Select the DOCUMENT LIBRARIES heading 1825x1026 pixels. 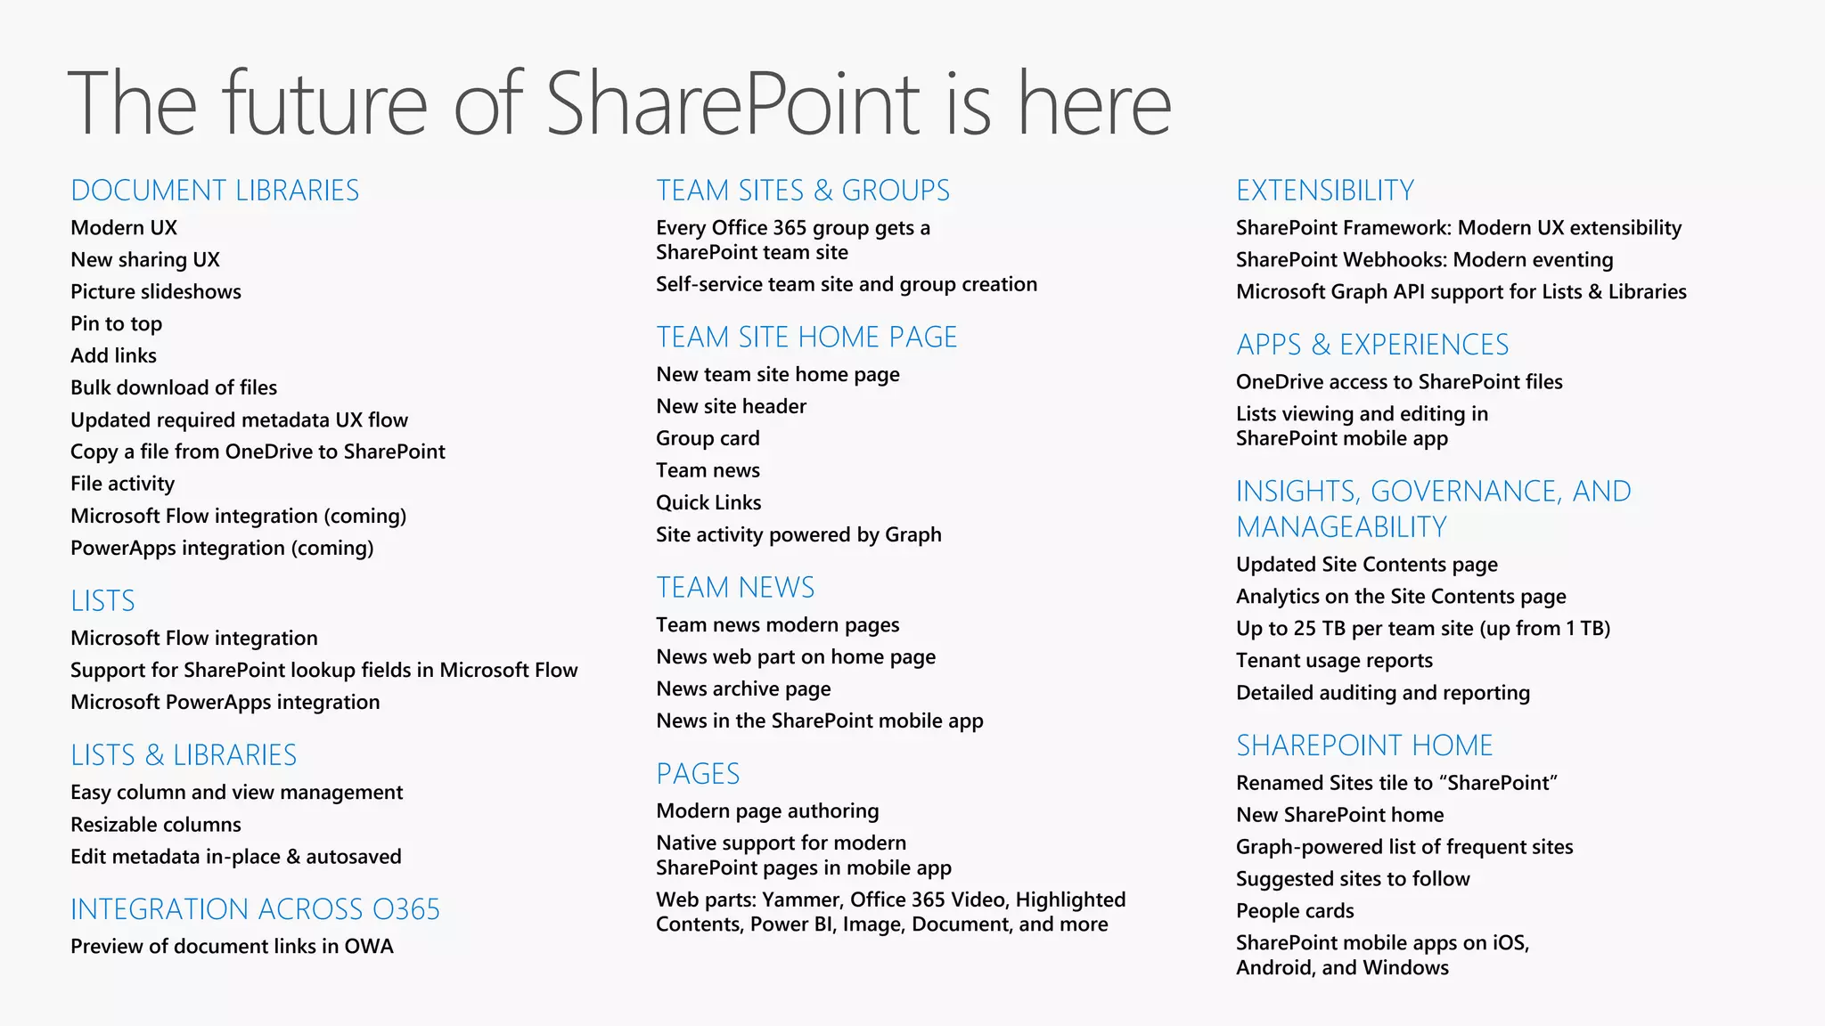click(x=215, y=191)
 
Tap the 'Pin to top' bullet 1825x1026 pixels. click(x=116, y=324)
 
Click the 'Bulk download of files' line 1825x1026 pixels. click(x=174, y=388)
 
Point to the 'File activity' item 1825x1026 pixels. click(x=122, y=484)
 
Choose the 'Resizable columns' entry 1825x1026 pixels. click(x=156, y=825)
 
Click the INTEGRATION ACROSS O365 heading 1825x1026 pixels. click(x=255, y=909)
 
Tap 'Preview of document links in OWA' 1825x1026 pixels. click(x=232, y=947)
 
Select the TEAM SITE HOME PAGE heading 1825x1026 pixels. click(x=806, y=338)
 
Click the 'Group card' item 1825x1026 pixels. click(x=708, y=439)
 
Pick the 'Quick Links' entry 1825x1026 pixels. click(x=708, y=503)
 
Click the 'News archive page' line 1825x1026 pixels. click(x=743, y=689)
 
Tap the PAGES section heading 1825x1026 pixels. click(x=698, y=774)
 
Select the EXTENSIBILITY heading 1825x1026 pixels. click(x=1325, y=191)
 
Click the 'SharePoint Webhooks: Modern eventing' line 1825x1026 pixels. click(x=1424, y=260)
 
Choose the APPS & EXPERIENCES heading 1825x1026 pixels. click(x=1372, y=345)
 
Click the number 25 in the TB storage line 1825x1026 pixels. click(x=1305, y=629)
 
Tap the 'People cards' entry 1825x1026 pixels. click(x=1295, y=911)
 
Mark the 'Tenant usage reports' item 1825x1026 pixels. click(x=1334, y=661)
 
